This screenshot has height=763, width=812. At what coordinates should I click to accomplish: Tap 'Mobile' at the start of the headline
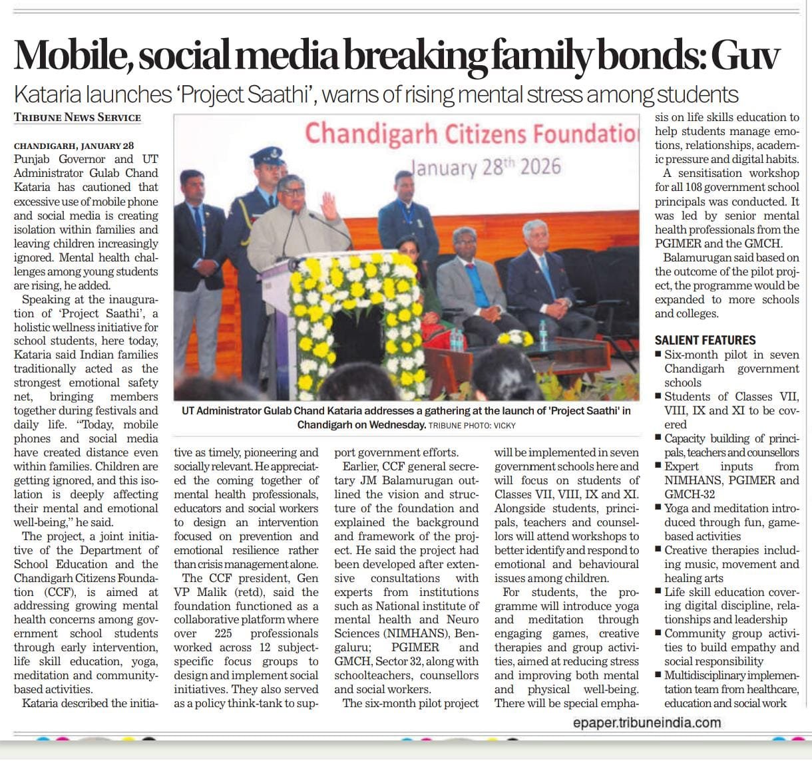(x=70, y=55)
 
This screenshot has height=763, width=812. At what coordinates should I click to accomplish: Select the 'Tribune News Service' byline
(x=77, y=117)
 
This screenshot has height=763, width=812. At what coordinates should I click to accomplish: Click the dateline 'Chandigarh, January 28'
(x=74, y=146)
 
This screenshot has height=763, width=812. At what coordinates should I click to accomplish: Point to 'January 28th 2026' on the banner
(x=486, y=166)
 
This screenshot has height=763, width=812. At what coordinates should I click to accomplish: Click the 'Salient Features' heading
(x=705, y=340)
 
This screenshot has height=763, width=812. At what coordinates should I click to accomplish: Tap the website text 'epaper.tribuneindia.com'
(x=646, y=722)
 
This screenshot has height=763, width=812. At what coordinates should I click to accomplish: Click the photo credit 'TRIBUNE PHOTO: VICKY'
(x=472, y=425)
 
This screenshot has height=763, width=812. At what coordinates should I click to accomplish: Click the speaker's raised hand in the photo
(x=329, y=206)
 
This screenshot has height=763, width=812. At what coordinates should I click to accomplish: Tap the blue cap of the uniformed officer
(x=267, y=156)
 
